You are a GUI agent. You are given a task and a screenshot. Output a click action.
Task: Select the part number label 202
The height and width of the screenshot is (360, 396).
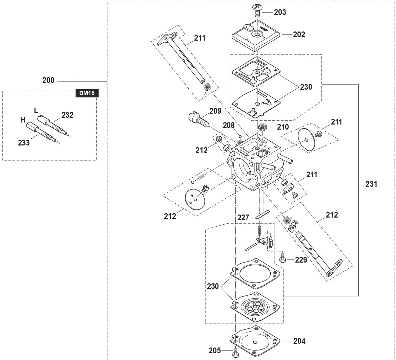pos(299,35)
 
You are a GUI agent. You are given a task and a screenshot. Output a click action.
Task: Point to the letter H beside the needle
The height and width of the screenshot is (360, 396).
pos(23,120)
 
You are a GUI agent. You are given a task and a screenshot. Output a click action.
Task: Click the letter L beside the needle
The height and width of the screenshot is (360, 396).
pos(36,111)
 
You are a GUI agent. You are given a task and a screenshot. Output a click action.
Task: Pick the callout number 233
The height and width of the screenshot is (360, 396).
pos(24,143)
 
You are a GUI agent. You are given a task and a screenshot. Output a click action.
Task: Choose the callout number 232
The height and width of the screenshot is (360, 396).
pos(67,115)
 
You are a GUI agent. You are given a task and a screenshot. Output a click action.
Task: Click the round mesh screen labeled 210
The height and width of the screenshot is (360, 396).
pos(263,128)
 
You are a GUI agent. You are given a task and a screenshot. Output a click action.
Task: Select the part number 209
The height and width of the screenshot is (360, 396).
pos(215,111)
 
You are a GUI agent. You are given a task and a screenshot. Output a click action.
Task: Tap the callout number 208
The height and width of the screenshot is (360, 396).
pos(229,125)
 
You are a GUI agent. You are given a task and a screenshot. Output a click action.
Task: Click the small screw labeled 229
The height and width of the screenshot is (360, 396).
pos(283,260)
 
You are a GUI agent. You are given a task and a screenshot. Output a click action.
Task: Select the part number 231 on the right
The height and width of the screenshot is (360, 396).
pos(371,184)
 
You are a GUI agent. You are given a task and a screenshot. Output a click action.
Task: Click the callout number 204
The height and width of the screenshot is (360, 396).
pos(299,341)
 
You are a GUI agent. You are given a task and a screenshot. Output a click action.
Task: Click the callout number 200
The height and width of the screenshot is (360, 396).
pos(48,81)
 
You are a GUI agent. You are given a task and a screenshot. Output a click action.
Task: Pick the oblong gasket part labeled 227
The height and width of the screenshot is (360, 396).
pos(263,215)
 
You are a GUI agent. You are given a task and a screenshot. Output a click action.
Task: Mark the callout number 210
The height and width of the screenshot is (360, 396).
pos(283,127)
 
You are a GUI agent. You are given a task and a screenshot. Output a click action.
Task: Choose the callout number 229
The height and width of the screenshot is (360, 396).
pos(301,260)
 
